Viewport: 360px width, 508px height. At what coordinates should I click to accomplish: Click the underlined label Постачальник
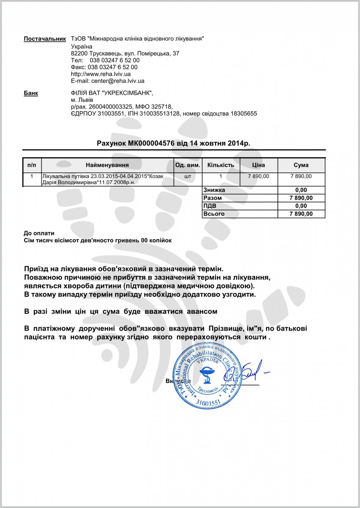(45, 39)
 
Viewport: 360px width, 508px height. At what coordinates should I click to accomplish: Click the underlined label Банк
(31, 93)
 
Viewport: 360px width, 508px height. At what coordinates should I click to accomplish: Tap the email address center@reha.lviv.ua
(118, 80)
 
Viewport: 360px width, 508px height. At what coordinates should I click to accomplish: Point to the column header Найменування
(107, 165)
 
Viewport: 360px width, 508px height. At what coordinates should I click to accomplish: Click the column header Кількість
(220, 165)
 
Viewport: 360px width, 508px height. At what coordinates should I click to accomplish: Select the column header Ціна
(258, 165)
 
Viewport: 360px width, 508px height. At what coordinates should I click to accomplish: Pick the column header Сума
(301, 165)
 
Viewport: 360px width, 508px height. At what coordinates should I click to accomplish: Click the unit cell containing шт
(188, 176)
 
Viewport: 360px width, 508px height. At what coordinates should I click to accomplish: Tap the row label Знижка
(214, 190)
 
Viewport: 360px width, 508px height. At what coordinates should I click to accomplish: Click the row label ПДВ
(210, 206)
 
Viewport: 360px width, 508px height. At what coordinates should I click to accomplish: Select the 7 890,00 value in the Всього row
(301, 214)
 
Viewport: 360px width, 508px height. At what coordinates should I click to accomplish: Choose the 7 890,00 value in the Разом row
(301, 198)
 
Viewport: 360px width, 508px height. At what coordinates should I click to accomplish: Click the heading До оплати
(39, 233)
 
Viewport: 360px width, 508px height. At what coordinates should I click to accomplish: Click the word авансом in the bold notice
(201, 312)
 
